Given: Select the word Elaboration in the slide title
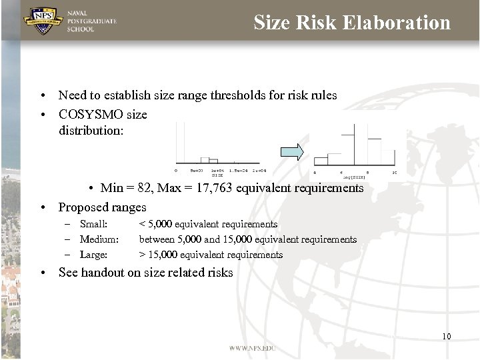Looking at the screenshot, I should pos(397,23).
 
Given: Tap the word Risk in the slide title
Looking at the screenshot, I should pos(317,23).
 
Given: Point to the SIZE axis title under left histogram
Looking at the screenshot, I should pos(217,175).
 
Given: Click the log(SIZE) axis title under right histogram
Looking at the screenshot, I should pos(353,177).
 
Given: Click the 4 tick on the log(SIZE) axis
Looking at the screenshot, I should pos(315,172).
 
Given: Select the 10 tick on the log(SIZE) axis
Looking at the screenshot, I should pos(394,172).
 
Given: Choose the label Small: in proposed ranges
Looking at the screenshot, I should pos(93,224).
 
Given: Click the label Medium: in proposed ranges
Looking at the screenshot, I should pos(99,239).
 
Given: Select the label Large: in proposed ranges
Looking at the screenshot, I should pos(93,255).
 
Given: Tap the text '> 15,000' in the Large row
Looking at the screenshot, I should pos(157,255).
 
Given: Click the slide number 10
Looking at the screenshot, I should pos(446,336).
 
